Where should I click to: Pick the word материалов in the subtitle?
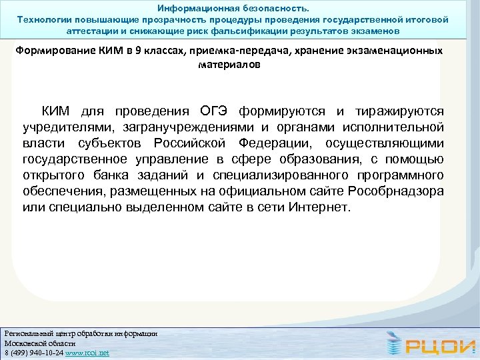click(229, 65)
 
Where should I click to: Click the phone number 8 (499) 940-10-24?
click(32, 353)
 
